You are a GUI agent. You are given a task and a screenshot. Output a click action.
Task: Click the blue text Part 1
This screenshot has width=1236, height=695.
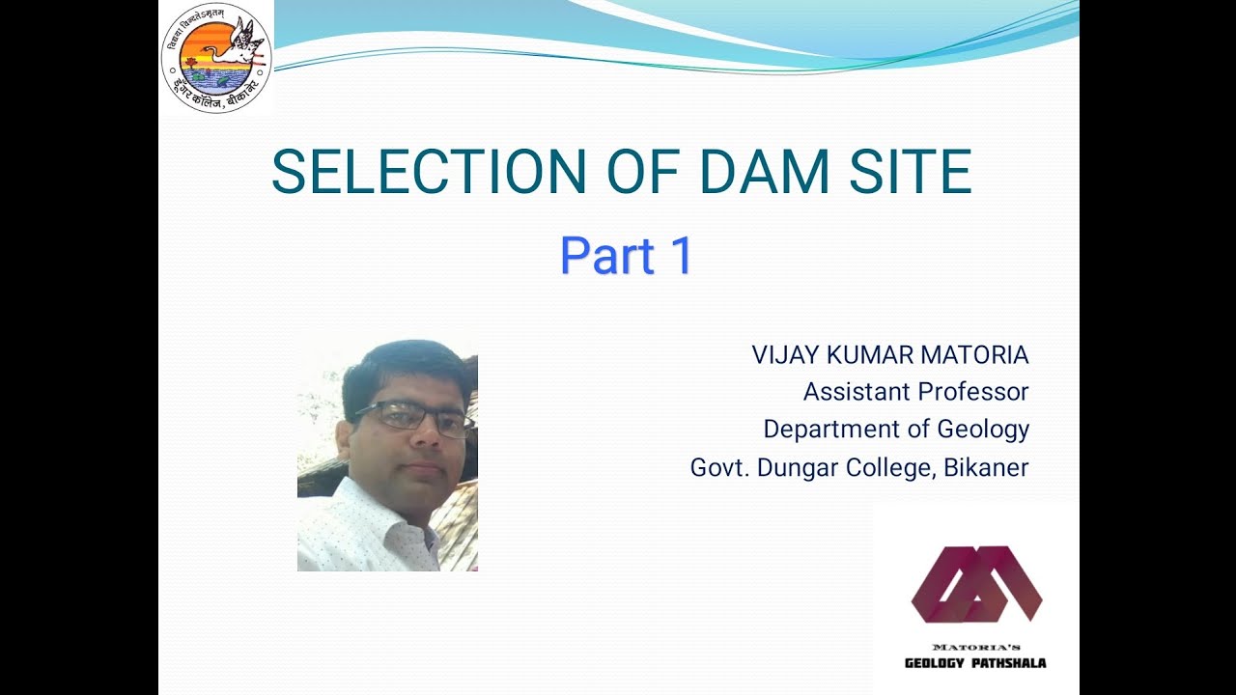coord(627,257)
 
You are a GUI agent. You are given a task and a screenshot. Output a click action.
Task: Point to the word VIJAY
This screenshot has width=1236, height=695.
coord(784,355)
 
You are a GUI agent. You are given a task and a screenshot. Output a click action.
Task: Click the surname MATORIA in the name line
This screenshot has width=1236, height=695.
coord(974,355)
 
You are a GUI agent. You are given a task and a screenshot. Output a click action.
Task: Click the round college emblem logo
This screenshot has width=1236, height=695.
coord(216,58)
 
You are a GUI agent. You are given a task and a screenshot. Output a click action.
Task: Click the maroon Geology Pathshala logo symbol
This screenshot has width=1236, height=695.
coord(976,584)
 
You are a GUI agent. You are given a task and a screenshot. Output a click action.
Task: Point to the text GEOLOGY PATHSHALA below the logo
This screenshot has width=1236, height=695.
coord(975,663)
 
